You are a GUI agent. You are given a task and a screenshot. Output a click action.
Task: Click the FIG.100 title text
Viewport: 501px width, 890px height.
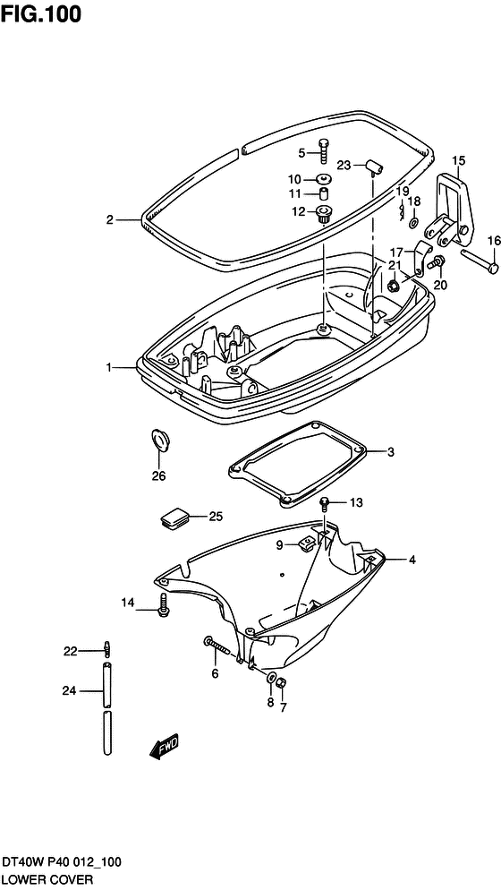coord(41,14)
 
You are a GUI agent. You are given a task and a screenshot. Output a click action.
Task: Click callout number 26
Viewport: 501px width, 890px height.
coord(158,476)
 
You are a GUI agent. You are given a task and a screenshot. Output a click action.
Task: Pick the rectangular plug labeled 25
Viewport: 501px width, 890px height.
coord(175,518)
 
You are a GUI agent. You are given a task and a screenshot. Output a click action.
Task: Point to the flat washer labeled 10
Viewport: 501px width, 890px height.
coord(324,178)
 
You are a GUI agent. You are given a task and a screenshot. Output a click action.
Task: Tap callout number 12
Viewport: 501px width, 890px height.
coord(299,212)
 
